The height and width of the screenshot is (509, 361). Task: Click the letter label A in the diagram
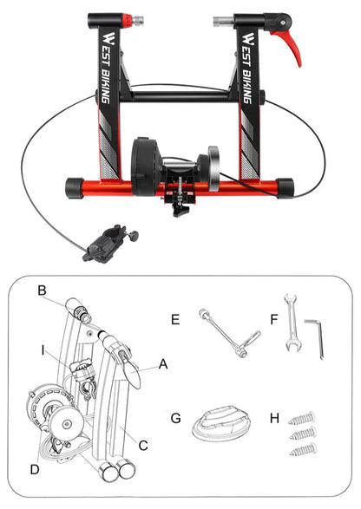pos(161,366)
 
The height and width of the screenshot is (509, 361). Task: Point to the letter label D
pos(35,469)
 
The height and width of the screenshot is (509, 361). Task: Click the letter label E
pos(175,320)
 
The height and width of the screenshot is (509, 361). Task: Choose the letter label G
pos(175,417)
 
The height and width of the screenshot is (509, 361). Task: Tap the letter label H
pos(274,417)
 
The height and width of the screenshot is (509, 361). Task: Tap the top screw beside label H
pos(305,414)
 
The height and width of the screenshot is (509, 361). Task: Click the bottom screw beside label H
pos(305,448)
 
